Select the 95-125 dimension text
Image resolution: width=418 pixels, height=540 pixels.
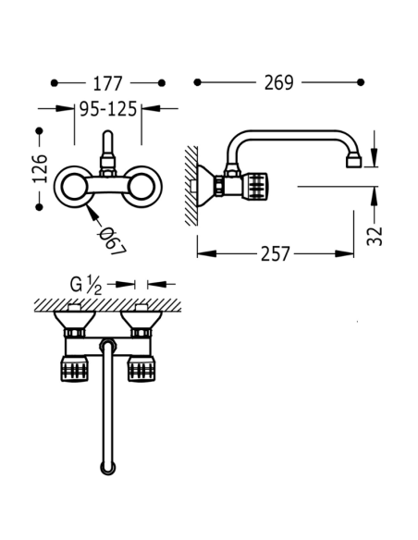pos(108,109)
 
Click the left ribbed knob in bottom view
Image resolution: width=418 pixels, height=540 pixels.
pos(75,368)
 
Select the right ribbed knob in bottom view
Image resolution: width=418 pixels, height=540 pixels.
pos(140,368)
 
